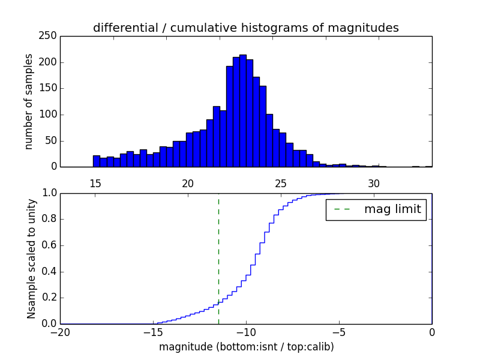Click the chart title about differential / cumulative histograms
(x=245, y=28)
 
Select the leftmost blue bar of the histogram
(x=96, y=161)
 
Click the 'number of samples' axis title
(x=29, y=101)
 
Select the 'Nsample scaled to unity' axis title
(x=31, y=259)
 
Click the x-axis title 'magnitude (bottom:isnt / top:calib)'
(x=246, y=347)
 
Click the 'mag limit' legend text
(x=392, y=210)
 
